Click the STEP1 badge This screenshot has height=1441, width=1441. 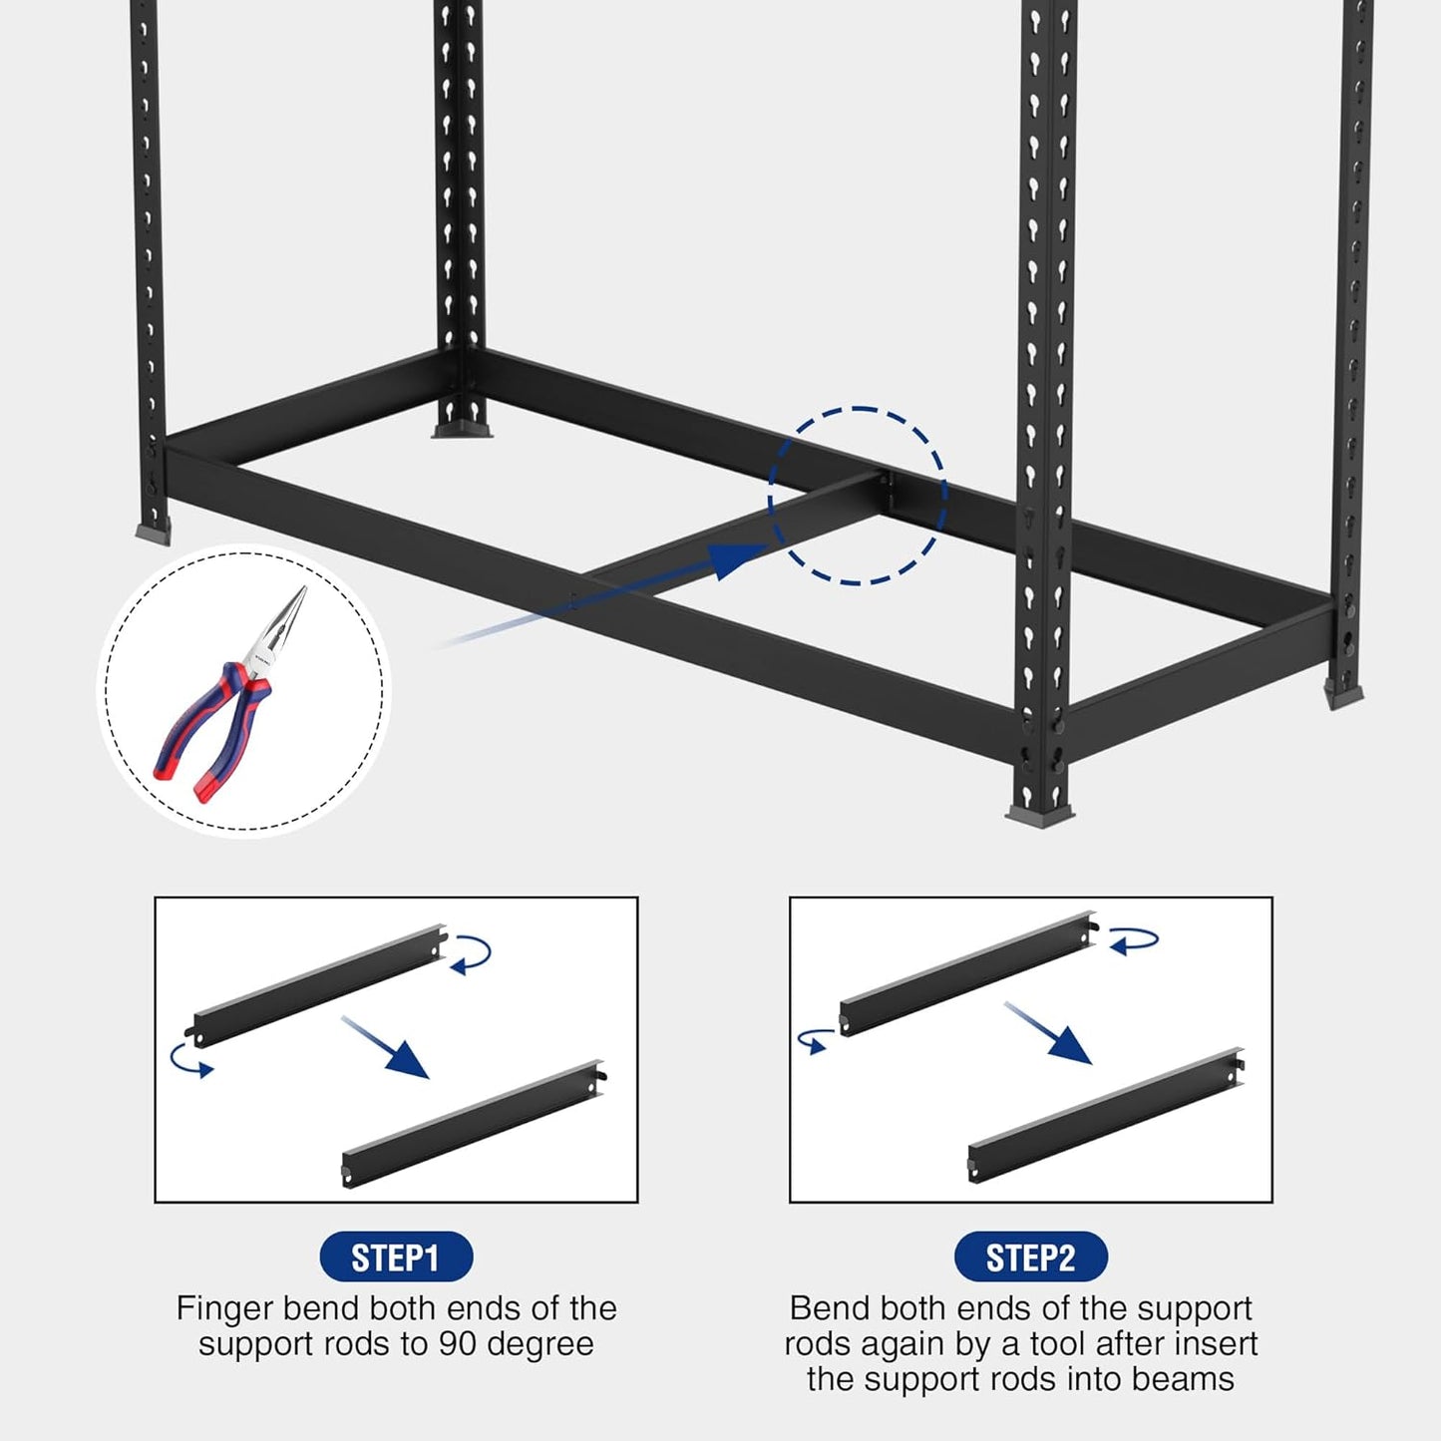pos(395,1258)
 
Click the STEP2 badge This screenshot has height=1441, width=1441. pos(1030,1258)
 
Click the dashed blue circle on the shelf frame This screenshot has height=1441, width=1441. pos(858,496)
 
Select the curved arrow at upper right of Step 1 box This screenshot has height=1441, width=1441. pos(471,953)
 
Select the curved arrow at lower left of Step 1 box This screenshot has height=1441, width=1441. pos(190,1060)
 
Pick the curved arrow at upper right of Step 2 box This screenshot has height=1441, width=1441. pos(1133,940)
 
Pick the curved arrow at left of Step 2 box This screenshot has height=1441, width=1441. pos(815,1040)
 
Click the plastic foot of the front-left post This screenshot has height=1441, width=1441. pos(154,533)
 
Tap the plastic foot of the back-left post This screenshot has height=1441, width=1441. pos(461,430)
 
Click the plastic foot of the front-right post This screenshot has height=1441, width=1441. pos(1039,816)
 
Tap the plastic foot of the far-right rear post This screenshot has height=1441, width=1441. pos(1343,694)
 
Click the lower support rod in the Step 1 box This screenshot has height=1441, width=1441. pos(474,1124)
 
